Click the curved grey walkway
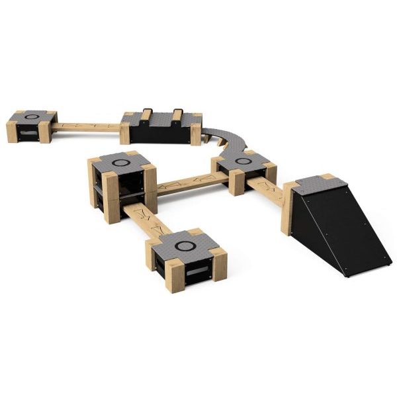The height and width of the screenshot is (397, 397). coord(228,138)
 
